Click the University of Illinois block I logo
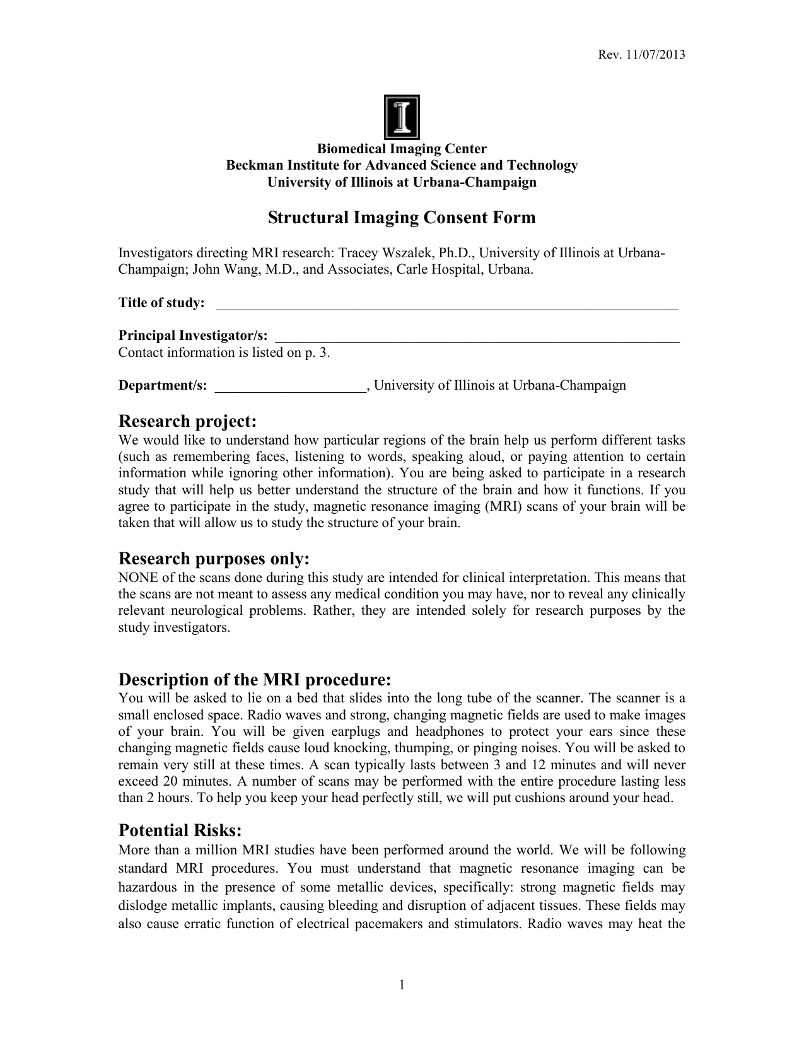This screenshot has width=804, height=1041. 402,117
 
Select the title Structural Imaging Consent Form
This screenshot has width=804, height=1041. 402,218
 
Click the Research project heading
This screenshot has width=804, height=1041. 188,421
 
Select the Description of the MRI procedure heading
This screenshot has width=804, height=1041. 255,680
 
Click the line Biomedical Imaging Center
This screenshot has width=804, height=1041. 402,149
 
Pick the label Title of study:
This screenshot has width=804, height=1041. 161,303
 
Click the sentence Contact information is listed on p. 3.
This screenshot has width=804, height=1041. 224,352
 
